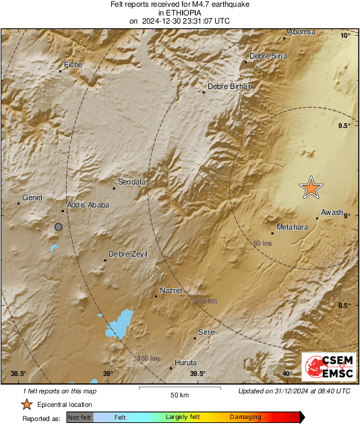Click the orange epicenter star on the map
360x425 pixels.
pos(311,188)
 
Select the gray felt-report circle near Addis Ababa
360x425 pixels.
pos(59,228)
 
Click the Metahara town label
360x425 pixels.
pos(292,227)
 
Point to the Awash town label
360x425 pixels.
pos(332,212)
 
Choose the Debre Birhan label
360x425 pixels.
pos(229,86)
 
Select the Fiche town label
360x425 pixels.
pos(72,65)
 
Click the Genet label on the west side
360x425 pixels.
pos(32,197)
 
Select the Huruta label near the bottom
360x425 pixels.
pos(185,362)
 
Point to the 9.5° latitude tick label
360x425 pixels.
pos(344,126)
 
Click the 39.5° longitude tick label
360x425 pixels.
pos(197,374)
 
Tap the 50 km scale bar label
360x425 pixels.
pos(179,394)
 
